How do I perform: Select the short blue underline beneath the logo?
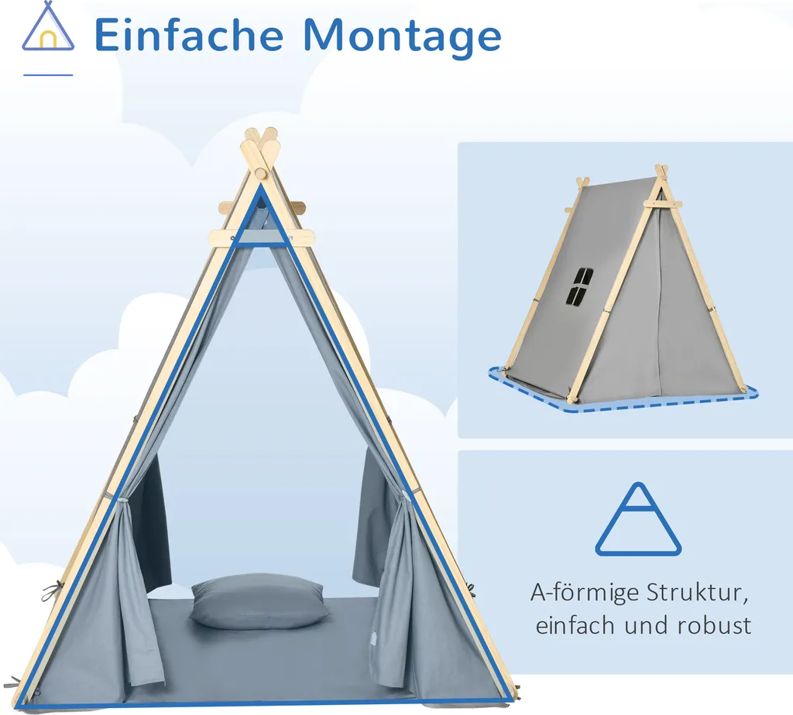pos(48,75)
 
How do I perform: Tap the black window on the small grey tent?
pos(578,287)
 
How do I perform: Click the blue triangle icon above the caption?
pos(639,520)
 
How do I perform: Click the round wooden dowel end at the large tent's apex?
pos(261,172)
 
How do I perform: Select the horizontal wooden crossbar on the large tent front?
pos(262,238)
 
